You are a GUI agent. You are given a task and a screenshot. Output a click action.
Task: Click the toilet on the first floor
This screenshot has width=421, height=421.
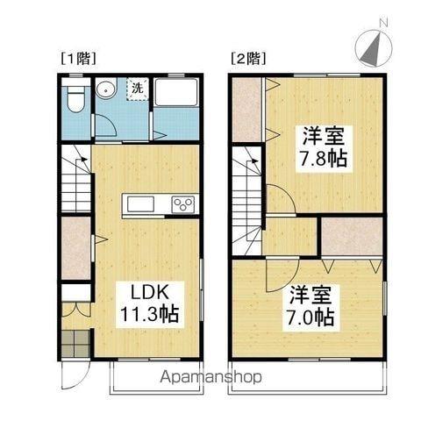[75, 98]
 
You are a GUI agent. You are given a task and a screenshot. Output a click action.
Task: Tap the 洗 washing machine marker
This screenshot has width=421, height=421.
[138, 88]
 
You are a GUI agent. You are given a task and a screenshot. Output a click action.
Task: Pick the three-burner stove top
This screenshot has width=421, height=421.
[184, 204]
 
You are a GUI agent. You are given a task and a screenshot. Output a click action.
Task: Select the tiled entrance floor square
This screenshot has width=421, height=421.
[76, 344]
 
